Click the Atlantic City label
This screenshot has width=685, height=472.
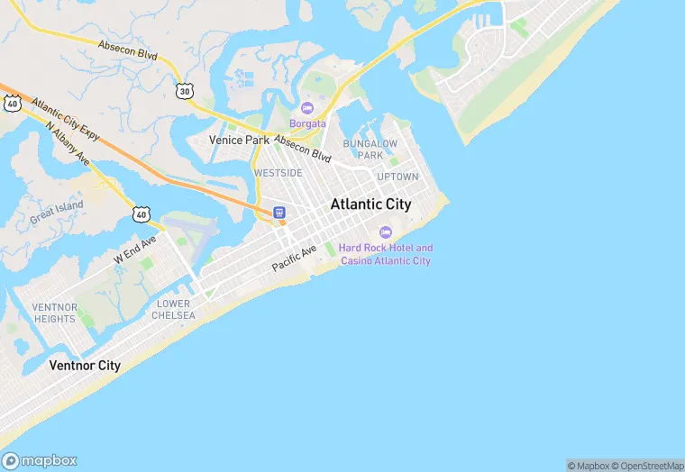pyautogui.click(x=370, y=204)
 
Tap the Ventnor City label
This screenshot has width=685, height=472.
pyautogui.click(x=84, y=366)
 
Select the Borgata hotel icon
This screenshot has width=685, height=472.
pyautogui.click(x=306, y=108)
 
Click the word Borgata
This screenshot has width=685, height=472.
pyautogui.click(x=306, y=123)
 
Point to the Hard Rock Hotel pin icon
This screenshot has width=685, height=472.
pyautogui.click(x=386, y=232)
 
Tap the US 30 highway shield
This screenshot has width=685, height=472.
pyautogui.click(x=185, y=90)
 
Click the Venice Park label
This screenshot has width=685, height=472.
pyautogui.click(x=239, y=141)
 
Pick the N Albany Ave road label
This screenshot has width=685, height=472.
pyautogui.click(x=68, y=143)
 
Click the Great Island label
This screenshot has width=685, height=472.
pyautogui.click(x=56, y=212)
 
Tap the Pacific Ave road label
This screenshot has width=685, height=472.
pyautogui.click(x=295, y=259)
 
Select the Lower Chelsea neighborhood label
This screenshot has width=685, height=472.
pyautogui.click(x=173, y=309)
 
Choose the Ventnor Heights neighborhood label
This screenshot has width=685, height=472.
pyautogui.click(x=54, y=313)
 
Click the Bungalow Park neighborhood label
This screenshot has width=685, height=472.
pyautogui.click(x=370, y=149)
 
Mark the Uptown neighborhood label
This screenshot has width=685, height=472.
pyautogui.click(x=397, y=177)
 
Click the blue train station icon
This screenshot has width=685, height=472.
pyautogui.click(x=279, y=213)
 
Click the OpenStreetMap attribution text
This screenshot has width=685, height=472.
pyautogui.click(x=646, y=466)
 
